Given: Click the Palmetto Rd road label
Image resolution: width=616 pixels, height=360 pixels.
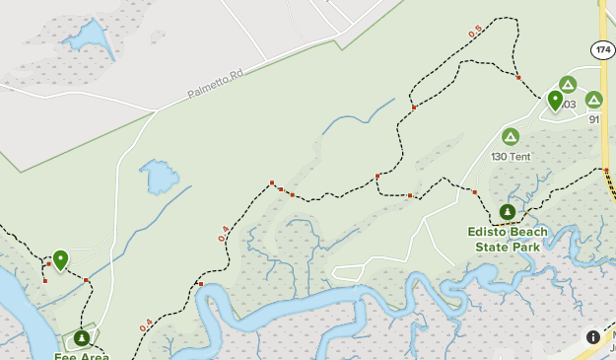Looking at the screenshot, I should click(216, 84).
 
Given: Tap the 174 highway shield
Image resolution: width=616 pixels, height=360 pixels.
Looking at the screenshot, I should click(603, 49).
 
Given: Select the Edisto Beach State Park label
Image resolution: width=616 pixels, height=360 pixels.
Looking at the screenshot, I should click(507, 240).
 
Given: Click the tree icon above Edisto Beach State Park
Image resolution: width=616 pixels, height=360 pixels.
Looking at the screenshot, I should click(507, 211).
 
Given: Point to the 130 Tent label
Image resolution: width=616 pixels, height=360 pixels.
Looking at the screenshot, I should click(511, 157).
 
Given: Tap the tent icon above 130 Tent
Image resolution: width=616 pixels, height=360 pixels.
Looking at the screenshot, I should click(511, 137).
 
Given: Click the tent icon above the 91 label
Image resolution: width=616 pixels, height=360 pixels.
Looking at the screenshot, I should click(593, 100).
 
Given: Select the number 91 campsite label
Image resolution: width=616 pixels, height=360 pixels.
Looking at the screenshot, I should click(594, 119).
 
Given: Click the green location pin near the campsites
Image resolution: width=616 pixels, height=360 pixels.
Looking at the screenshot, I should click(555, 100).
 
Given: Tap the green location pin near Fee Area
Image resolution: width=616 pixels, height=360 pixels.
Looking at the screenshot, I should click(60, 259).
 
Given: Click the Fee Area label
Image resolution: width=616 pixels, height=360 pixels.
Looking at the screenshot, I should click(81, 356).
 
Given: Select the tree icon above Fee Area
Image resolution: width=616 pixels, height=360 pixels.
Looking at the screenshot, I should click(81, 337).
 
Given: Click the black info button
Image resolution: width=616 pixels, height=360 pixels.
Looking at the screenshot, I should click(593, 336).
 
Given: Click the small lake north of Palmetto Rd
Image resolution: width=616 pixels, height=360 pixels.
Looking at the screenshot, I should click(86, 38).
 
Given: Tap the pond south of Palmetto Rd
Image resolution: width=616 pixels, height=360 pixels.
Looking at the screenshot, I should click(159, 178).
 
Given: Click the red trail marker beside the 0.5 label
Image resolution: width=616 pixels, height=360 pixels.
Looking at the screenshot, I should click(518, 77).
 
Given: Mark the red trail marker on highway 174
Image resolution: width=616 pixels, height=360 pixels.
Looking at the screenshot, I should click(604, 170).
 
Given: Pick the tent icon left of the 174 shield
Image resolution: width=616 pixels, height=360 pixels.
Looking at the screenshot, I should click(567, 84).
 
